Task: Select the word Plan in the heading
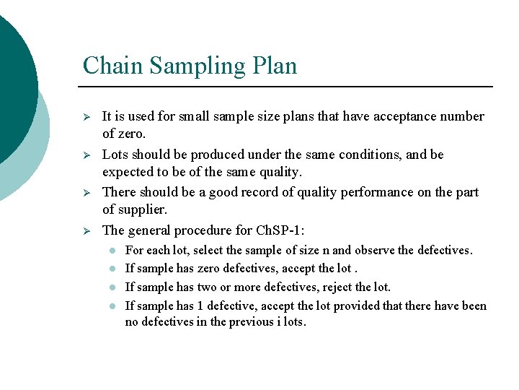[275, 66]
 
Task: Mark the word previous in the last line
[250, 322]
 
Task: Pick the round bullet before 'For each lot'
[113, 251]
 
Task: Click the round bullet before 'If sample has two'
[113, 287]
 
